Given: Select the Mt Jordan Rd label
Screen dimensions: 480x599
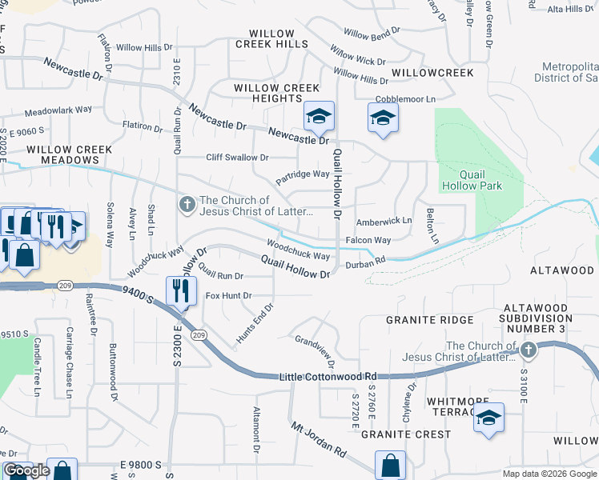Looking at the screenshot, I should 318,440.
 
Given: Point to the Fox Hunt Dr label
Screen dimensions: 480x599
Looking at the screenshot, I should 228,295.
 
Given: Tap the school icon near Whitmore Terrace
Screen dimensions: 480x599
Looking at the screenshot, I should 488,419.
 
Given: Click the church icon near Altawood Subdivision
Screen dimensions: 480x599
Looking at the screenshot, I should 528,350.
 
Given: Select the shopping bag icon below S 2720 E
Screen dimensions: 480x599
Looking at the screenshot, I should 390,465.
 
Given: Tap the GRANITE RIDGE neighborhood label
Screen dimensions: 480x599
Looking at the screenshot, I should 420,319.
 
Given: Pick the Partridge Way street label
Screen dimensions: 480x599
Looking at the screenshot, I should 303,174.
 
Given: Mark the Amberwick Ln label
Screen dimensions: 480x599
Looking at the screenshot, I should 384,220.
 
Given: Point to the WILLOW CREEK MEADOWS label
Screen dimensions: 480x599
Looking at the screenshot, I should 68,154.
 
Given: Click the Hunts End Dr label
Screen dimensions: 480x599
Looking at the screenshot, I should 255,325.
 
